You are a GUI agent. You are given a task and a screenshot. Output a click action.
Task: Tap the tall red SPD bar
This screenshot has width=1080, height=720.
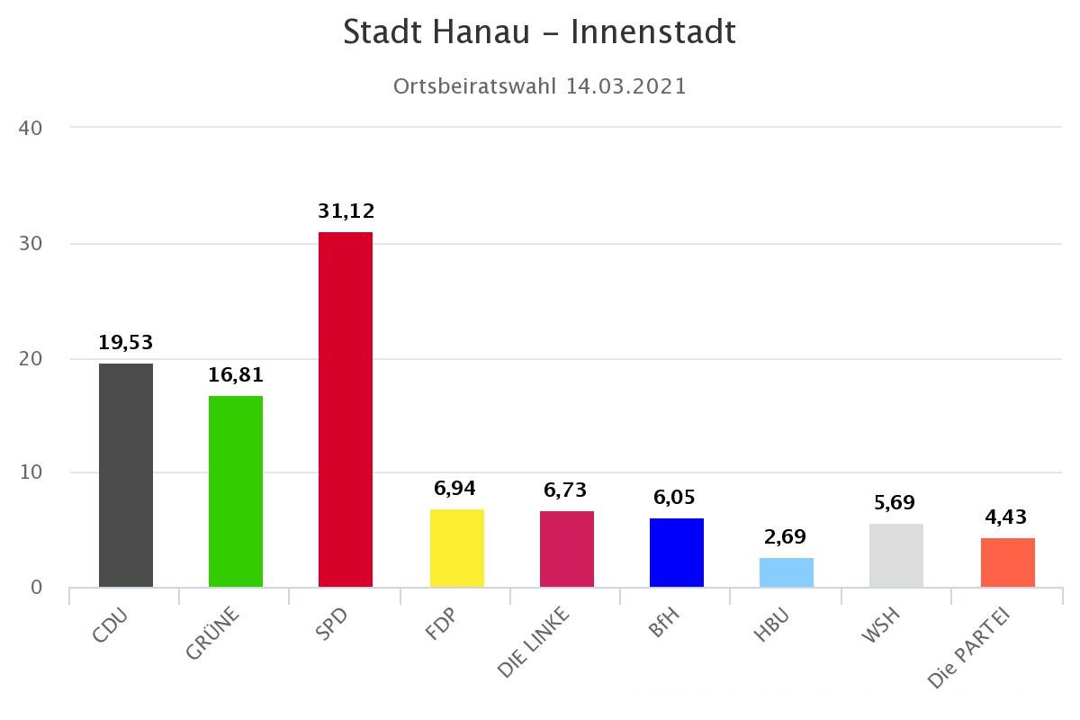(346, 409)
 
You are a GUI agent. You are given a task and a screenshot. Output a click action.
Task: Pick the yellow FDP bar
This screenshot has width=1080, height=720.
(457, 548)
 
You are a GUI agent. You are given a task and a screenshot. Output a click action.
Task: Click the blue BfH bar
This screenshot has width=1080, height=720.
(677, 553)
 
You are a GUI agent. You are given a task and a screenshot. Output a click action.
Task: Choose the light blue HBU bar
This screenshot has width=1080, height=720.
(787, 572)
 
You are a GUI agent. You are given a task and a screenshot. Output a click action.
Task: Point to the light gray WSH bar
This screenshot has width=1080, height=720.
(896, 555)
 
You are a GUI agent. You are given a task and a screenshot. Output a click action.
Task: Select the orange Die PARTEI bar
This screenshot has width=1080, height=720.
(1008, 562)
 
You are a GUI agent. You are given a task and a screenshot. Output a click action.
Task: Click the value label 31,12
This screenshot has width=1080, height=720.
(346, 211)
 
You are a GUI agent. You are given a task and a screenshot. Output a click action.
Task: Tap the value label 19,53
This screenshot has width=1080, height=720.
(126, 343)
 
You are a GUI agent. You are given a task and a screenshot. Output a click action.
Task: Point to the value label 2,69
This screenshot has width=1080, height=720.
(787, 537)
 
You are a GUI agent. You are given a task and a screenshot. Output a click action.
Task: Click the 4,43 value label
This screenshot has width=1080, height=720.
(1006, 517)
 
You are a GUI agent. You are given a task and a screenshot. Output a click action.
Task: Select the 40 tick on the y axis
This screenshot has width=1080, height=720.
(31, 128)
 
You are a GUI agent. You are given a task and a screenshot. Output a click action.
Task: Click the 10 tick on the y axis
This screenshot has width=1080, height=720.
(31, 472)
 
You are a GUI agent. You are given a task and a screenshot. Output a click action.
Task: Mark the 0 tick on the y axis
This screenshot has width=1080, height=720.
(36, 588)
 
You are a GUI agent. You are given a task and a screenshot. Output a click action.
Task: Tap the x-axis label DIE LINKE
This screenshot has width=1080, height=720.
(535, 643)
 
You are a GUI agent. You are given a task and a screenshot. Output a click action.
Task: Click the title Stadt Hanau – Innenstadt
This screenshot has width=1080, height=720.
(540, 32)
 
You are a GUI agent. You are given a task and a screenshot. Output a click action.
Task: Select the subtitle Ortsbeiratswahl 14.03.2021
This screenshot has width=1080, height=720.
(540, 86)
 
